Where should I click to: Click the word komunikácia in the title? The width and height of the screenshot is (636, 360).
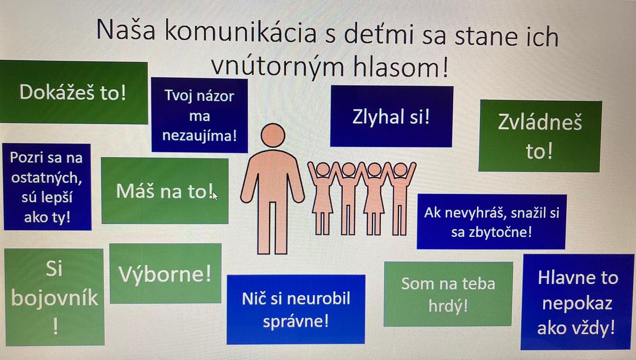tap(241, 31)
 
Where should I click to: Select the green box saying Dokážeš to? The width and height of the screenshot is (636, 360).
tap(73, 92)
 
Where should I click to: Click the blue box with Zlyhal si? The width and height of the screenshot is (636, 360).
tap(391, 116)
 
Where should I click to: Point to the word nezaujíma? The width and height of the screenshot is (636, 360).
tap(199, 135)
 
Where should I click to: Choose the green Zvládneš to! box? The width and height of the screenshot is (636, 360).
tap(540, 136)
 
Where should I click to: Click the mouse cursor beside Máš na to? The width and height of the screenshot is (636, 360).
tap(215, 196)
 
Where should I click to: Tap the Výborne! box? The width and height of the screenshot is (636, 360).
tap(165, 273)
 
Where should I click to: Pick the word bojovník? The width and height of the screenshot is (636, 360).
tap(55, 298)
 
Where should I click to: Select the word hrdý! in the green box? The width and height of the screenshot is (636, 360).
tap(448, 306)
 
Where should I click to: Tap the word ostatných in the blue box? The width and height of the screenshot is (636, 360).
tap(46, 178)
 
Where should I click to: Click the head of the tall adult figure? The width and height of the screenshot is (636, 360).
tap(273, 135)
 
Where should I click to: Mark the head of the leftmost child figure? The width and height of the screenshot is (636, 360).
tap(323, 169)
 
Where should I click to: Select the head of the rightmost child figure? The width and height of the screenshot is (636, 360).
tap(400, 169)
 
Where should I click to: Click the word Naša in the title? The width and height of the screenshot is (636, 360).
tap(126, 30)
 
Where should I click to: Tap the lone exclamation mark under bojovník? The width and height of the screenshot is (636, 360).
tap(56, 327)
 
